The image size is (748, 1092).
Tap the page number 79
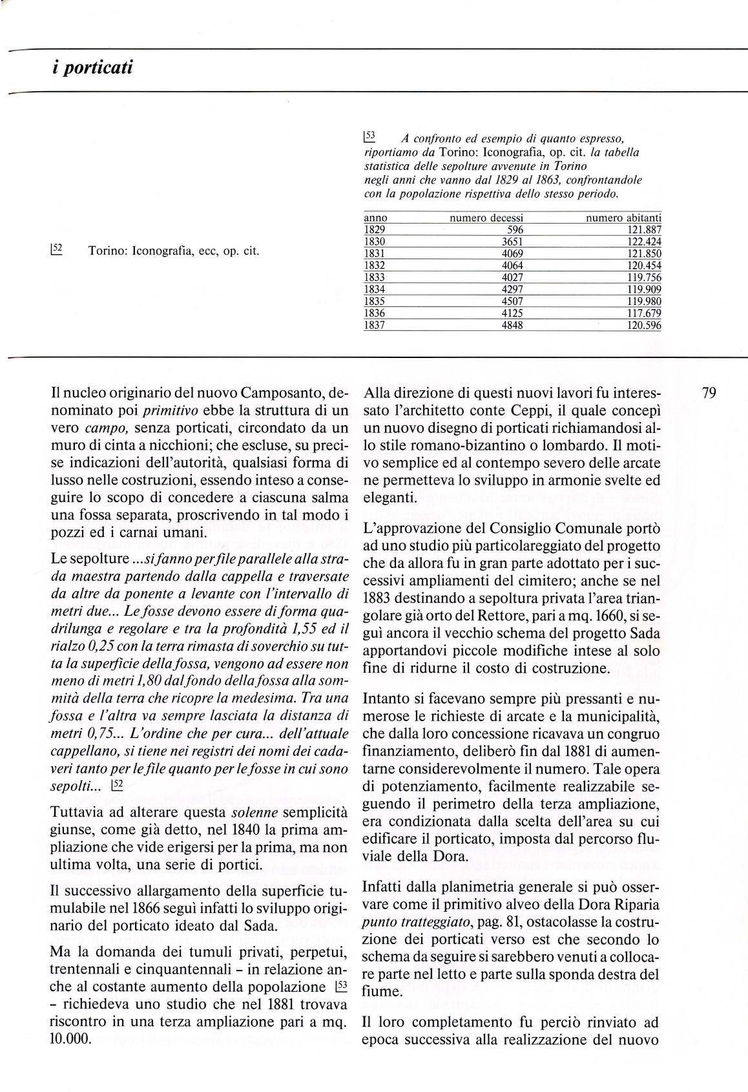pyautogui.click(x=709, y=393)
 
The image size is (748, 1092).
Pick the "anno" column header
pyautogui.click(x=375, y=218)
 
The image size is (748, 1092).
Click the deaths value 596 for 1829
pyautogui.click(x=515, y=230)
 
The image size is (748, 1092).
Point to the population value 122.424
pyautogui.click(x=644, y=242)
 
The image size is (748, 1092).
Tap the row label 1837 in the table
pyautogui.click(x=375, y=326)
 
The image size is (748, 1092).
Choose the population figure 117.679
pyautogui.click(x=644, y=313)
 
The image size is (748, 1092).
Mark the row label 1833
pyautogui.click(x=375, y=278)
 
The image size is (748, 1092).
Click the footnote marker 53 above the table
pyautogui.click(x=369, y=136)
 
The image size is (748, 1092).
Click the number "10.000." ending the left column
pyautogui.click(x=70, y=1056)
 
